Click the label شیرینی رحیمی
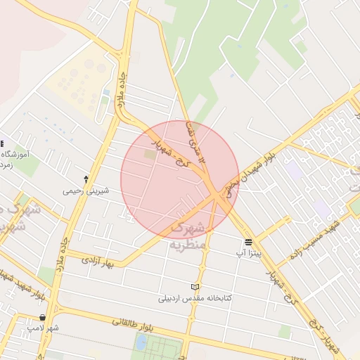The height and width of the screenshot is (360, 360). point(86,190)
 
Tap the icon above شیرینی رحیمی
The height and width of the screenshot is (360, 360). point(86,179)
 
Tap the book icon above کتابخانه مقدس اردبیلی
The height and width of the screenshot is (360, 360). point(195,287)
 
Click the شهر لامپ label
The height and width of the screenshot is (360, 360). point(44,328)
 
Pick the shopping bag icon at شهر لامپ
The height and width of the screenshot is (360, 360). point(44,318)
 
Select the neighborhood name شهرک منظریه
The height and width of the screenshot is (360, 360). point(186,236)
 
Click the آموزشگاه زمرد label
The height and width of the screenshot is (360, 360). point(15,159)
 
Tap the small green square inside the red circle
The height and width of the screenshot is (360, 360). point(150,153)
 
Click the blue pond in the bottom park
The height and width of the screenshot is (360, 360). point(141,342)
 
